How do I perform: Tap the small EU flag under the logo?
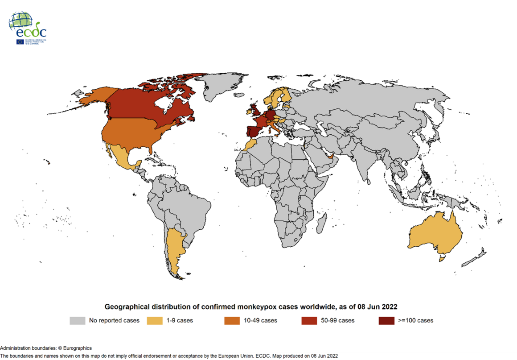click(20, 41)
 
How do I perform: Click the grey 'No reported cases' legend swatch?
click(77, 320)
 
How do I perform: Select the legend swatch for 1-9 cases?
click(154, 320)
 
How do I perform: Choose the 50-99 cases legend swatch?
click(309, 320)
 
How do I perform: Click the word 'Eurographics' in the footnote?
click(77, 348)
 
